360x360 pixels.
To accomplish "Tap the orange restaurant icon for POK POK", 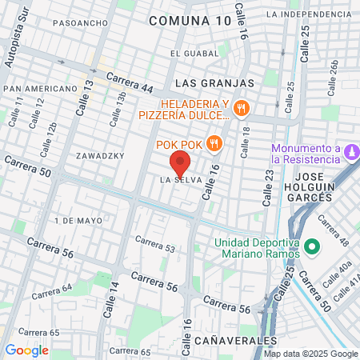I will [x=214, y=144].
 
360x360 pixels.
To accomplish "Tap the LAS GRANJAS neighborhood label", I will [x=214, y=82].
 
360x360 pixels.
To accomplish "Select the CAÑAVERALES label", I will [x=239, y=340].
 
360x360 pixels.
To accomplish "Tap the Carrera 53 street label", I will [x=154, y=243].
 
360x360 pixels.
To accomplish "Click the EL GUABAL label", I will [x=194, y=53].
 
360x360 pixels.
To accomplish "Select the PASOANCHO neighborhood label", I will [x=80, y=23].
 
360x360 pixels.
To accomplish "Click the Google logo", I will [x=26, y=350].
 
